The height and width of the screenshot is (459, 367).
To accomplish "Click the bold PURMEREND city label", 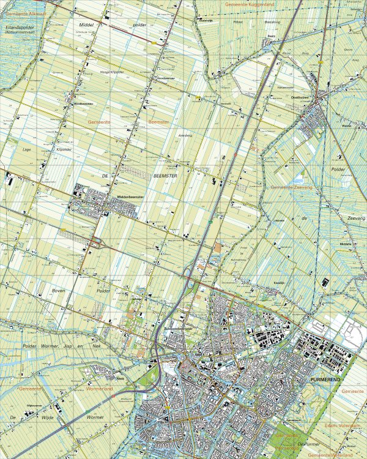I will point(316,379).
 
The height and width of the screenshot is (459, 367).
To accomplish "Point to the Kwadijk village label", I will point(264,283).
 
